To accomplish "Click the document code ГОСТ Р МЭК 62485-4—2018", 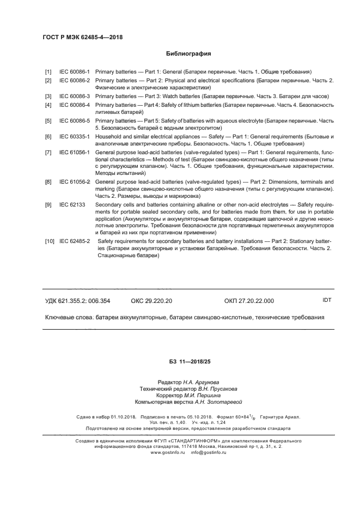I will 82,37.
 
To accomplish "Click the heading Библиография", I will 188,53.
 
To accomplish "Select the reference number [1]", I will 48,71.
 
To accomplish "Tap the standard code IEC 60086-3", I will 75,96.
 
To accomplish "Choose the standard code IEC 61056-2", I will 75,181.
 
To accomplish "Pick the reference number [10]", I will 50,240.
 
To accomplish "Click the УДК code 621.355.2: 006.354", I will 77,301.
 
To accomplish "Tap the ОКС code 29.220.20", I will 151,301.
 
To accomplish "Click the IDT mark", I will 327,300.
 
